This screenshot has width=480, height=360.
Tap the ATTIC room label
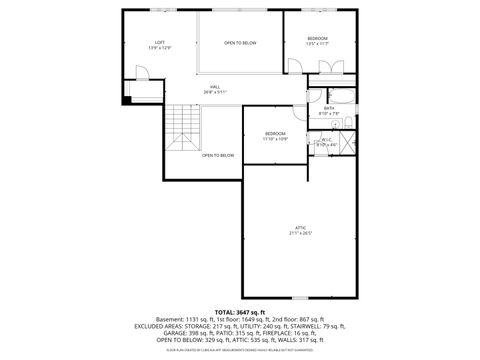coord(301,228)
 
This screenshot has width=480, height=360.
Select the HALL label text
coord(215,87)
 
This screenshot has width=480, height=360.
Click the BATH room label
coord(329,108)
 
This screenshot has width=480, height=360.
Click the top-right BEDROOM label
coord(317,38)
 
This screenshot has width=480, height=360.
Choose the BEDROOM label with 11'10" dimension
coord(275,133)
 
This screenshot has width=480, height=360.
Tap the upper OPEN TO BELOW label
coord(240,43)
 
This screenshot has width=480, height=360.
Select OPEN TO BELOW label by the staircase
coord(218,155)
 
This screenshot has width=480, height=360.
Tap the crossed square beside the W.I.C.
coord(347,142)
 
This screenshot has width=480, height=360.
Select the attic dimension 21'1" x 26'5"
coord(301,233)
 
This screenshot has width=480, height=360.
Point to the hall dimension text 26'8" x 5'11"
coord(215,92)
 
